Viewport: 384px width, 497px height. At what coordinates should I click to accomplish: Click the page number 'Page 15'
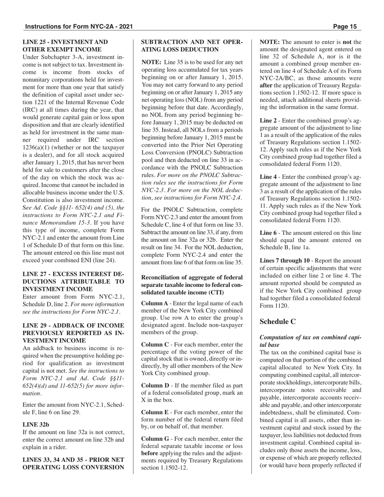[x=345, y=27]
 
